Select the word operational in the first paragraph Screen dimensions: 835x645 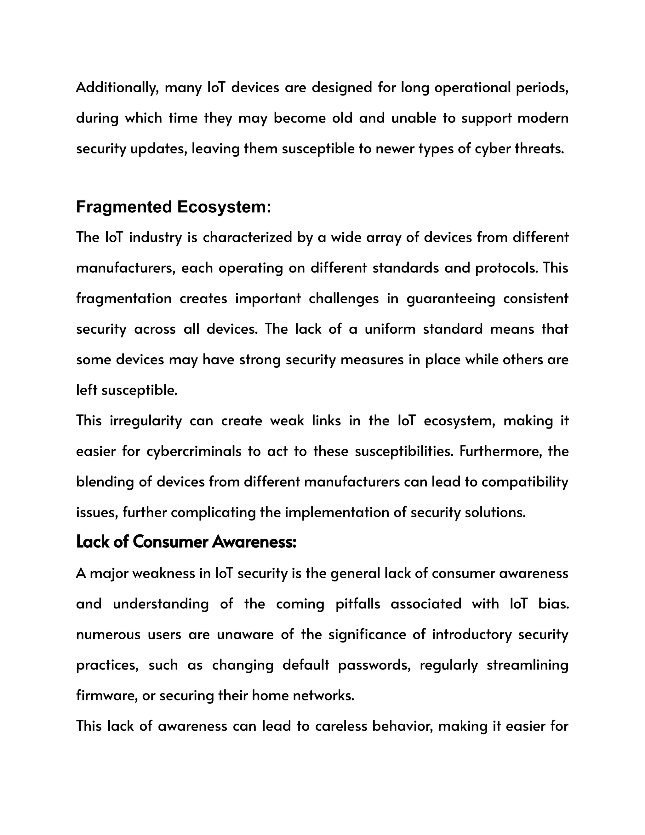[x=473, y=88]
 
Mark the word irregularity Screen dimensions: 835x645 [x=146, y=421]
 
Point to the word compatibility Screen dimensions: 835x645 [x=525, y=482]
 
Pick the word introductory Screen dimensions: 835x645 [x=472, y=635]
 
